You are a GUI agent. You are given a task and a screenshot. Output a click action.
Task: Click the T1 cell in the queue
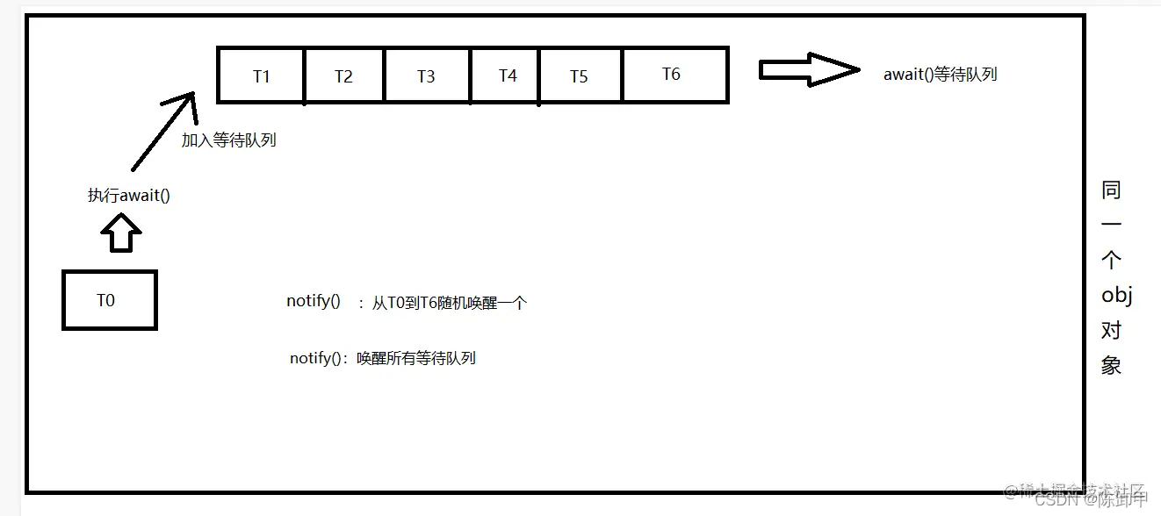pyautogui.click(x=261, y=75)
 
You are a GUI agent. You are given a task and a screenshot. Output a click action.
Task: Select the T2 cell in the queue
pyautogui.click(x=343, y=75)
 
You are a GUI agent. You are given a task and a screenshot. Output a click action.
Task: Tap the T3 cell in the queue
pyautogui.click(x=426, y=75)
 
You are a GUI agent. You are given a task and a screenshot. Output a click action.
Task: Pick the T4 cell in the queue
pyautogui.click(x=507, y=75)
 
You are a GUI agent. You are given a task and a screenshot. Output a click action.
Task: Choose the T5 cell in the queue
pyautogui.click(x=579, y=75)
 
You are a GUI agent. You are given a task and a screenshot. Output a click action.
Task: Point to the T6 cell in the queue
pyautogui.click(x=672, y=75)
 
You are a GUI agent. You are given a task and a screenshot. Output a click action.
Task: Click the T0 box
pyautogui.click(x=109, y=300)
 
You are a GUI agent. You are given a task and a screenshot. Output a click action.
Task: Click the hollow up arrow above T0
pyautogui.click(x=121, y=234)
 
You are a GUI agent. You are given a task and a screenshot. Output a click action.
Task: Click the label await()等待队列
pyautogui.click(x=940, y=75)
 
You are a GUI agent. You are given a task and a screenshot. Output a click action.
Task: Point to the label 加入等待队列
pyautogui.click(x=229, y=140)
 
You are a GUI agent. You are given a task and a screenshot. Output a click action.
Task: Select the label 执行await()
pyautogui.click(x=129, y=195)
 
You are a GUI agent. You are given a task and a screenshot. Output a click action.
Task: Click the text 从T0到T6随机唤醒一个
pyautogui.click(x=449, y=304)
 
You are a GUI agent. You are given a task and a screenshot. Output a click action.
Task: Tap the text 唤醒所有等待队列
pyautogui.click(x=415, y=358)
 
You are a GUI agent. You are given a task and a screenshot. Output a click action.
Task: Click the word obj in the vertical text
pyautogui.click(x=1116, y=296)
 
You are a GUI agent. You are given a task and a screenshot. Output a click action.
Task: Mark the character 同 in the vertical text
pyautogui.click(x=1112, y=190)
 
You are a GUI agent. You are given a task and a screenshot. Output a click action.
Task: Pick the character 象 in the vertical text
pyautogui.click(x=1112, y=365)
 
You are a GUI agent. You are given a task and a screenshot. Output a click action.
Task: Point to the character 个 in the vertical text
pyautogui.click(x=1112, y=261)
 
